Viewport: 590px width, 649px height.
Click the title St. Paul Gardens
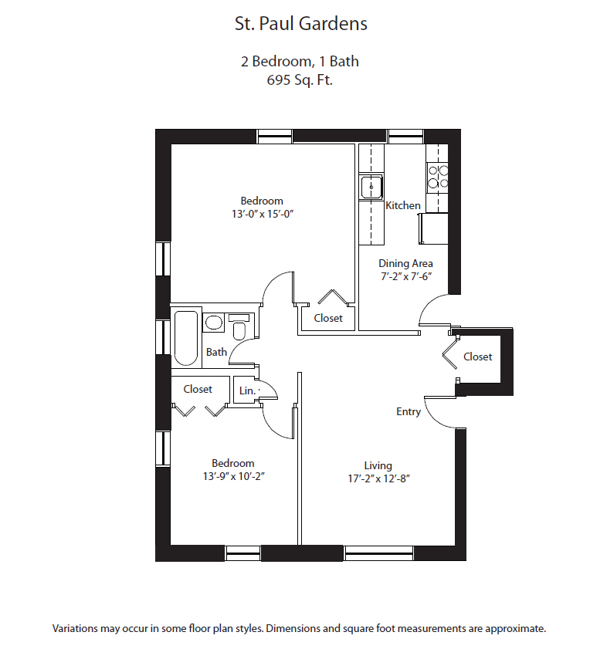(300, 24)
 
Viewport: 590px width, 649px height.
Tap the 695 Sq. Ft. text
(300, 79)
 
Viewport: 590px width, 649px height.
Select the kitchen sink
(371, 188)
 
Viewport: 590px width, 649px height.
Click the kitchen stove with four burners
(438, 177)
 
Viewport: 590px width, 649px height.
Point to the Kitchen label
(403, 205)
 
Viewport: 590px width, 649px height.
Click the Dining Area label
(405, 263)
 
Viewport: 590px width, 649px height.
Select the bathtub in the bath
(186, 337)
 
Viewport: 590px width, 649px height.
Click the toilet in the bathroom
(239, 330)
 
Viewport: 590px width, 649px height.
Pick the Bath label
(216, 353)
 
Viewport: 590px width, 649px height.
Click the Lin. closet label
(246, 390)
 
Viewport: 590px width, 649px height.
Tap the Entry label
(409, 411)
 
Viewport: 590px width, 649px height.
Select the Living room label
(378, 465)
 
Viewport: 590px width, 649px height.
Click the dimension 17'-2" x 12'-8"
(378, 478)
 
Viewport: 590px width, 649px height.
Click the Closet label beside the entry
(477, 357)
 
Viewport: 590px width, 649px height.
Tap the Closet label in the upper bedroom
(328, 318)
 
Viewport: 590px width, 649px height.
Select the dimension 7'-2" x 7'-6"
(405, 276)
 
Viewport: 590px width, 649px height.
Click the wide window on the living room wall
(378, 553)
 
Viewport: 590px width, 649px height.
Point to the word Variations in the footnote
(75, 628)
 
